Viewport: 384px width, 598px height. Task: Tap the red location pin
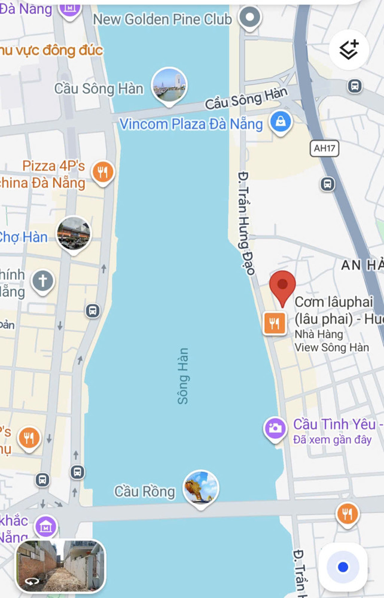(x=282, y=286)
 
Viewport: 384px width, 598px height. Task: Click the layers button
(x=349, y=50)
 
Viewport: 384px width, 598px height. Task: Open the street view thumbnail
(x=60, y=565)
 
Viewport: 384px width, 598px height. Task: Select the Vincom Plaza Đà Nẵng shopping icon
(x=280, y=122)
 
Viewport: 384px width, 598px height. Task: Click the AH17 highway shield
(x=325, y=148)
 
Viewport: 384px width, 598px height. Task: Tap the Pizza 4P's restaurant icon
(x=103, y=172)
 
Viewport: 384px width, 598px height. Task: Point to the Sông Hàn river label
(x=183, y=376)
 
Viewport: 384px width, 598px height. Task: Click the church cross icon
(x=43, y=280)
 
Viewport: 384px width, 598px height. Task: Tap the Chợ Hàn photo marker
(x=74, y=234)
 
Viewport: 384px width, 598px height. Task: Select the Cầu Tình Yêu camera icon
(x=275, y=428)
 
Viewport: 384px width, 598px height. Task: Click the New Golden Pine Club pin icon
(x=249, y=18)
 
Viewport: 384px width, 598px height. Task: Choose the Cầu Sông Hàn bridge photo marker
(x=169, y=86)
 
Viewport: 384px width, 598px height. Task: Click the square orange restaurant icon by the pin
(x=275, y=324)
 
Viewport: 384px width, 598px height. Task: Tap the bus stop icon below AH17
(x=328, y=184)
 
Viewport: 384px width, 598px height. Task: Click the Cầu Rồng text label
(x=145, y=492)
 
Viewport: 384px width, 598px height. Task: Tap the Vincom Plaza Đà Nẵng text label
(x=191, y=124)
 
